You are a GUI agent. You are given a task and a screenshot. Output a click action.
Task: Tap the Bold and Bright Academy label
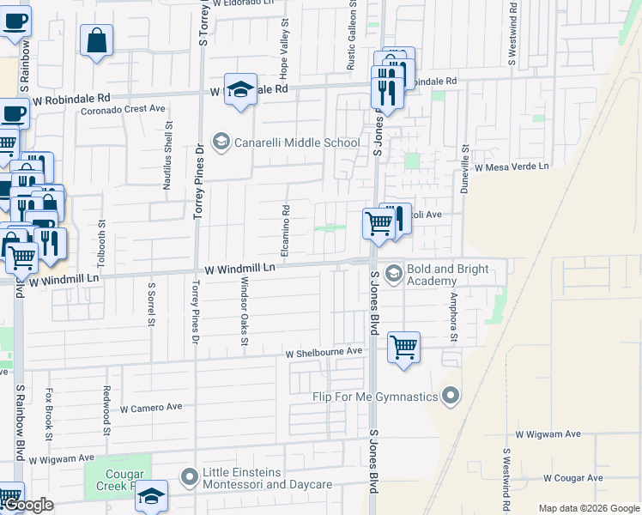click(x=447, y=275)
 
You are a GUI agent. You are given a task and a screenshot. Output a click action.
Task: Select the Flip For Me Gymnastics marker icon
click(x=451, y=396)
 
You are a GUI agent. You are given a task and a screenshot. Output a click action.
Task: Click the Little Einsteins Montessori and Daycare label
click(x=266, y=479)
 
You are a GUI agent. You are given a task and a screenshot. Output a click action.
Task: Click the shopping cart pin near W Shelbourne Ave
click(x=403, y=348)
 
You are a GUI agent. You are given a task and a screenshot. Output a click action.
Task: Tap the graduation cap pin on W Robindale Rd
click(x=241, y=89)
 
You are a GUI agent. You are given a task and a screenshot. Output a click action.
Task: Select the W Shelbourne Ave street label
click(x=324, y=352)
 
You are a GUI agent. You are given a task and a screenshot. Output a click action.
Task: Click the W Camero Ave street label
click(x=152, y=408)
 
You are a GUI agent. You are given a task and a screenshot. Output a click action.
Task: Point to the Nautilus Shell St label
click(x=168, y=154)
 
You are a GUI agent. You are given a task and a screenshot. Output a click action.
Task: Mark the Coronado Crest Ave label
click(x=123, y=109)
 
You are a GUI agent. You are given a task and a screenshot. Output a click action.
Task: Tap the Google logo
click(x=28, y=505)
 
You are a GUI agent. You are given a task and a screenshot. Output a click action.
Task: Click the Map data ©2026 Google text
click(x=588, y=508)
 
